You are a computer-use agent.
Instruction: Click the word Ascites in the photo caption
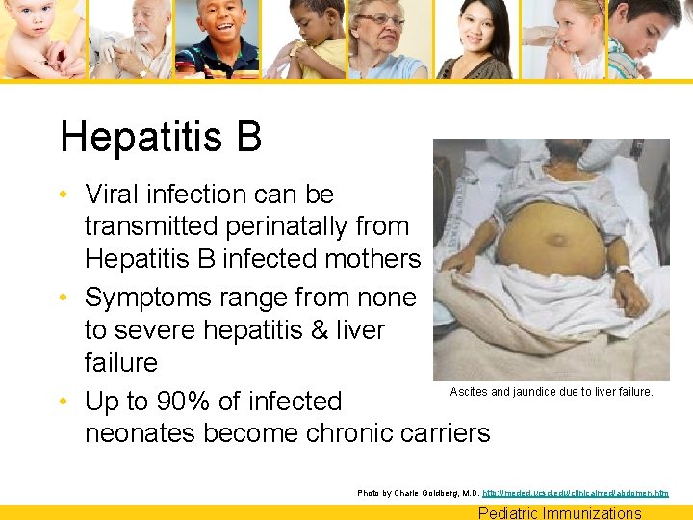470,392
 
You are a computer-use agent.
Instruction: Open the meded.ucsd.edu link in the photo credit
577,493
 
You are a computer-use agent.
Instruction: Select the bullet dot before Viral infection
64,195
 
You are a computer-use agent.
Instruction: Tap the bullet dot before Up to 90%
64,402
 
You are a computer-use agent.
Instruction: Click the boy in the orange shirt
219,39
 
